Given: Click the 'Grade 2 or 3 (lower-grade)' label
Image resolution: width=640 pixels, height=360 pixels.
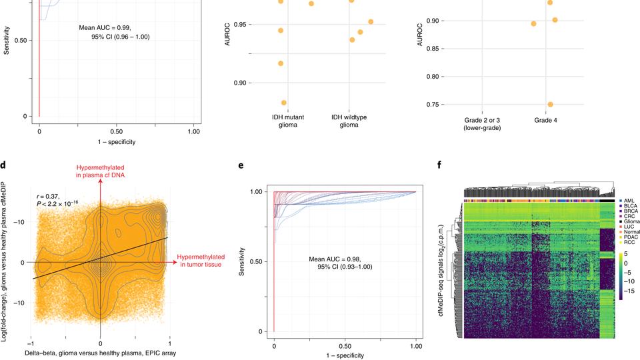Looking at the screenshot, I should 481,123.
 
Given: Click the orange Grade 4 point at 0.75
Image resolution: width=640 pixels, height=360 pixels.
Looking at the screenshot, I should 550,105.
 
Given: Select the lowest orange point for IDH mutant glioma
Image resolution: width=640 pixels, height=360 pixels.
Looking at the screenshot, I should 284,103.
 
